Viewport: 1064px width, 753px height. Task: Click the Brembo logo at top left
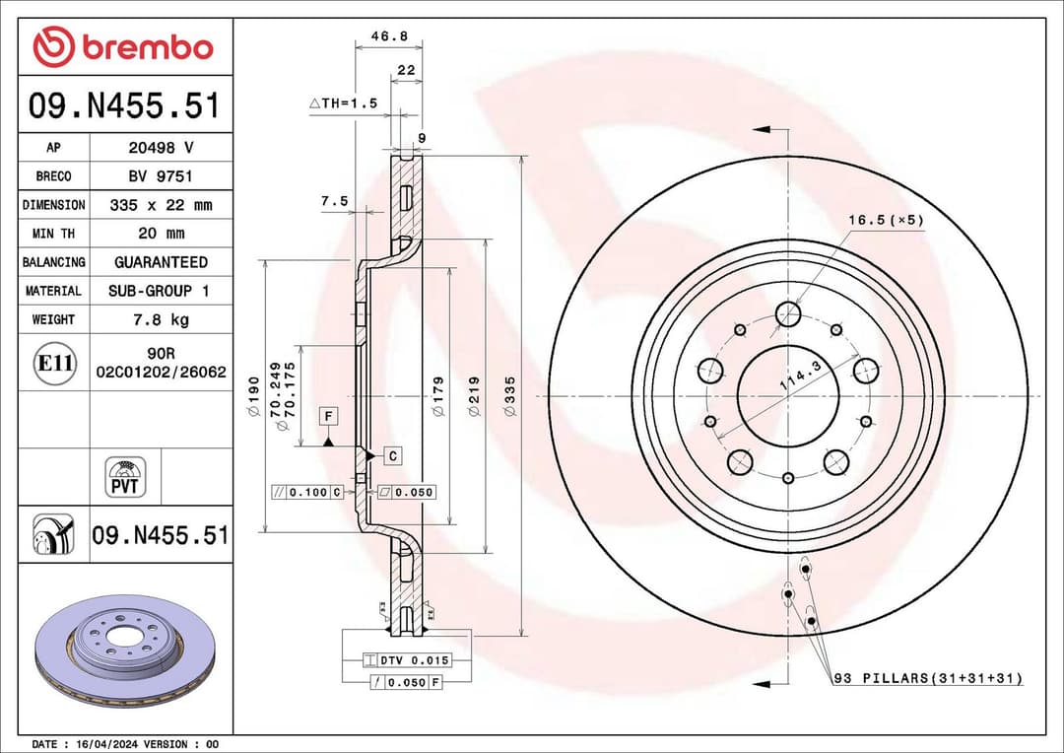click(x=123, y=46)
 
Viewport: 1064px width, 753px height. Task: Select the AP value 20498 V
click(x=161, y=148)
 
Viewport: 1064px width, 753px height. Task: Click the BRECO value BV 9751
click(x=161, y=176)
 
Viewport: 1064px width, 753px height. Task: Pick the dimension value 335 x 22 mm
click(x=161, y=205)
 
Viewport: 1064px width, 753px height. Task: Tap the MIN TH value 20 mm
click(x=161, y=234)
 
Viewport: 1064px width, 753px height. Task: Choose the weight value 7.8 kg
click(x=161, y=319)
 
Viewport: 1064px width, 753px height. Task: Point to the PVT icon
click(x=125, y=477)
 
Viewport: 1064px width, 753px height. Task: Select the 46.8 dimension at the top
click(x=389, y=36)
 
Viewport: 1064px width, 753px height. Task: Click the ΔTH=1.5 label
click(x=343, y=103)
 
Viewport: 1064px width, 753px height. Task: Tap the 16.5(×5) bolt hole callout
click(x=886, y=221)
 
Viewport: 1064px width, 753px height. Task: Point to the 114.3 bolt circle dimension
click(x=800, y=377)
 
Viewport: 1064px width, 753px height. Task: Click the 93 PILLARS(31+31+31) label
click(x=927, y=679)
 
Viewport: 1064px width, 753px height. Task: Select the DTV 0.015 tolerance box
click(x=406, y=660)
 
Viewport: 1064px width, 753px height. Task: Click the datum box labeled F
click(x=327, y=416)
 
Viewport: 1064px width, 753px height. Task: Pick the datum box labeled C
click(x=392, y=455)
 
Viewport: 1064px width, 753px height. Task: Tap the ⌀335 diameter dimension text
click(x=509, y=393)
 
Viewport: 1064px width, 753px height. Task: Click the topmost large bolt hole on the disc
click(x=788, y=313)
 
